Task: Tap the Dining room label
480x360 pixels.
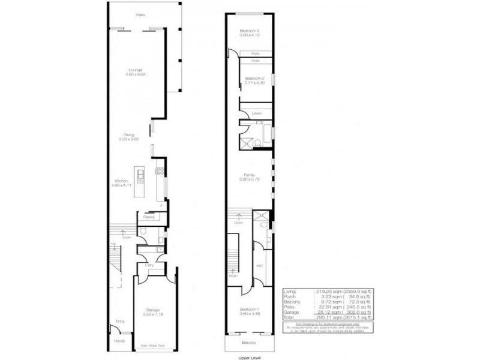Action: click(x=129, y=135)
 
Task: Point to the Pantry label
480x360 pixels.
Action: click(x=148, y=217)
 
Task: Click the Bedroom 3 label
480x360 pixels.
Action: click(x=249, y=31)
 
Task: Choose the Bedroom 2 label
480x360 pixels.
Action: click(x=254, y=78)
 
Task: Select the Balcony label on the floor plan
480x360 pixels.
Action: click(x=249, y=343)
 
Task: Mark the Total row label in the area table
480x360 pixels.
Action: click(x=290, y=316)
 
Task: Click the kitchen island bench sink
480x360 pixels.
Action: click(x=140, y=175)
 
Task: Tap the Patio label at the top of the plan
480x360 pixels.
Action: click(x=140, y=14)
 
